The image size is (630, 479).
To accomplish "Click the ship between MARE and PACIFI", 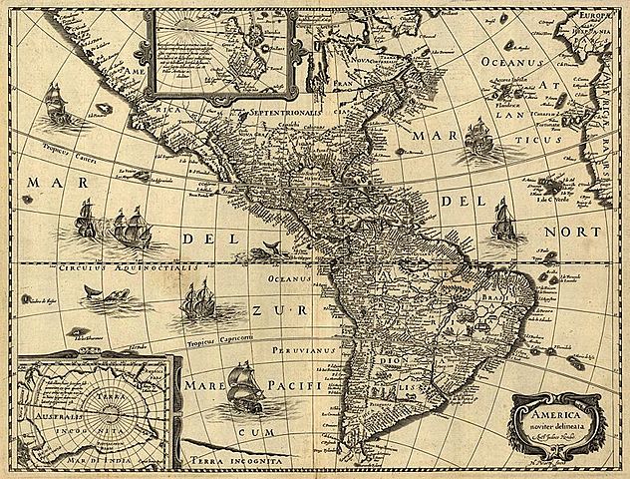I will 242,384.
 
